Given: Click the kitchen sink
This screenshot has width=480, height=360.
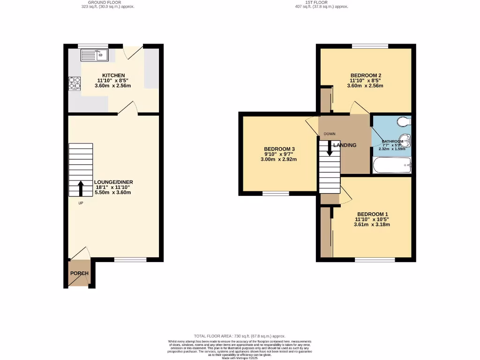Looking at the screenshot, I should click(94, 55).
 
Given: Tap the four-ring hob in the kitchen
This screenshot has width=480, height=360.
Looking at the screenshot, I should click(75, 83).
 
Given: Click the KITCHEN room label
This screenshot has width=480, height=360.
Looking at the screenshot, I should click(114, 75).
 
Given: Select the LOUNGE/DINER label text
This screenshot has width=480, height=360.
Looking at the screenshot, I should click(114, 182).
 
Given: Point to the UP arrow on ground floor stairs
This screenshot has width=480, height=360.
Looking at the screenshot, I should click(81, 188).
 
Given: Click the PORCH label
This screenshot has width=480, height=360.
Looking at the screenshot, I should click(79, 273).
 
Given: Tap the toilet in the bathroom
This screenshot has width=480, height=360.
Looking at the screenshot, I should click(403, 122).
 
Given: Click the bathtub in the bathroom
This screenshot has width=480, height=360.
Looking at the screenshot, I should click(392, 165).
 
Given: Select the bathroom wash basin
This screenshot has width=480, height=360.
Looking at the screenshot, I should click(406, 140).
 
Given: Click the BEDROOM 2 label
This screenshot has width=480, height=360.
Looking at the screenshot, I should click(366, 75).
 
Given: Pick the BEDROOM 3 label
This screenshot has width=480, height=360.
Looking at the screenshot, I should click(279, 149).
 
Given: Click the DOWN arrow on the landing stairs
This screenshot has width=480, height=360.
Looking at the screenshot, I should click(330, 148).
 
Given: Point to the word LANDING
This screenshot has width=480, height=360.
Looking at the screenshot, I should click(345, 145).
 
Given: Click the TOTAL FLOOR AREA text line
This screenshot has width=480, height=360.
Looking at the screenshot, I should click(240, 336).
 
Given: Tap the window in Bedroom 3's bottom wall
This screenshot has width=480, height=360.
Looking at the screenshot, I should click(276, 193).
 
